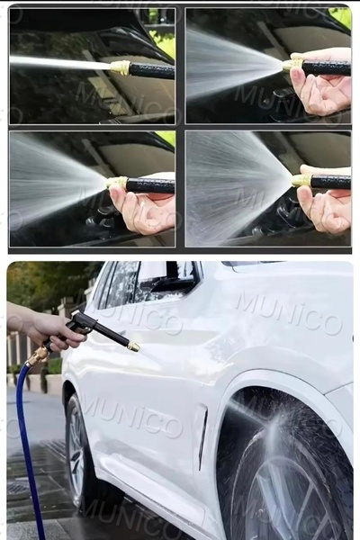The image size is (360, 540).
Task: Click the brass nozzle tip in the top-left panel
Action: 121,67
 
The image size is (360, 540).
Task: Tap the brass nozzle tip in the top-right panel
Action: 292,66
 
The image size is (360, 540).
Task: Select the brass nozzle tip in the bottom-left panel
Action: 117,183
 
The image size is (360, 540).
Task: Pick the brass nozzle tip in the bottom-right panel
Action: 301,181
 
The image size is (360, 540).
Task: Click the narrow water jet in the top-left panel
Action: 60,62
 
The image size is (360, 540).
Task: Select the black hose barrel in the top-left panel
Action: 152,71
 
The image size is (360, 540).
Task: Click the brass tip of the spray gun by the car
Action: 133,346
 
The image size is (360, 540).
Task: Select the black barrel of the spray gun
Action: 111,333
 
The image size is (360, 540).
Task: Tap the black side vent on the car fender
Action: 202,438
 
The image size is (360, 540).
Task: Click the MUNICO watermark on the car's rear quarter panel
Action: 290,313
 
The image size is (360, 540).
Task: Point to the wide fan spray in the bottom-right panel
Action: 238,186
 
